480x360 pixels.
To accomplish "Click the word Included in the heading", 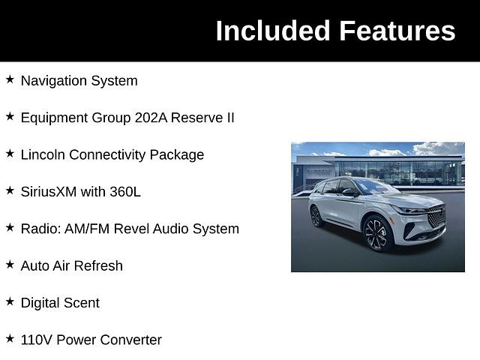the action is (272, 31).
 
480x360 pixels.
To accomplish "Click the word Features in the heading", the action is (397, 31).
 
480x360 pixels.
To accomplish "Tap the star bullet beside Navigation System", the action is (10, 79).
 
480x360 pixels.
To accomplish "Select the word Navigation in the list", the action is (54, 82).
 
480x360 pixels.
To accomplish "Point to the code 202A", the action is (151, 118).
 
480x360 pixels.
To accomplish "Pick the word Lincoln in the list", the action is (43, 154).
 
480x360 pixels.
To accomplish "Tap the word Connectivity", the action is (107, 155).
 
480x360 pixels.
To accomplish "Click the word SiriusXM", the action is (48, 192).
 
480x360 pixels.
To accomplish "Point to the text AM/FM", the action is (87, 229).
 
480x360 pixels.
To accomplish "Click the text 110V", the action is (37, 340).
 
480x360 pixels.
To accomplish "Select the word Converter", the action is (130, 340).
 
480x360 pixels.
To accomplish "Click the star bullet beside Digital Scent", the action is (10, 301).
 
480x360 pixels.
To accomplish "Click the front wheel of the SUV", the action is (377, 233).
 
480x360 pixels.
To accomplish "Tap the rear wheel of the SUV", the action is (316, 217).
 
